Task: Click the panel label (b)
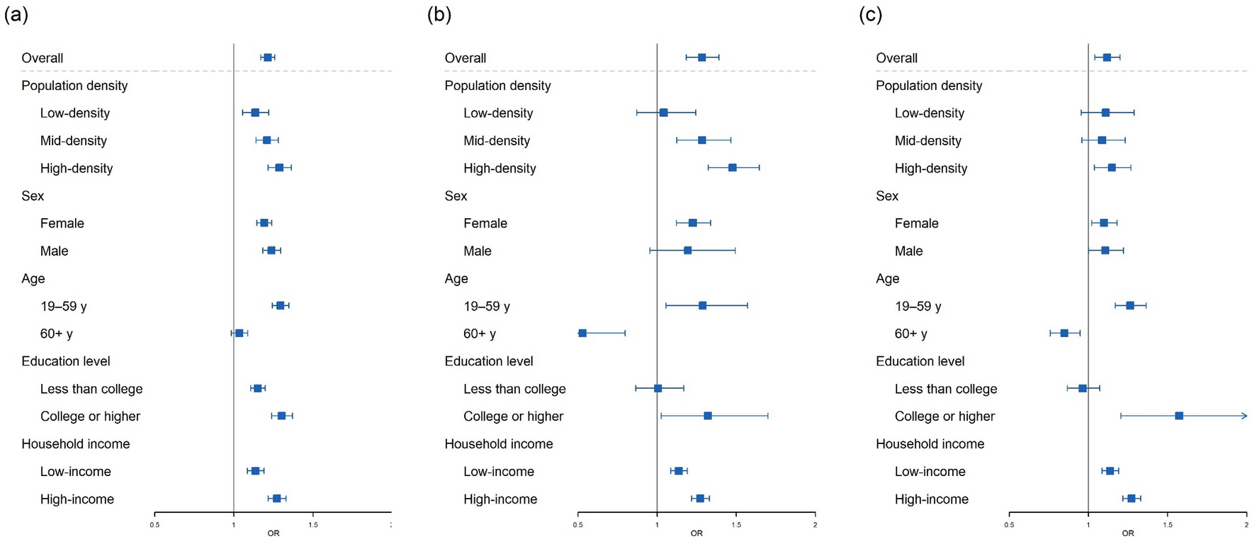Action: point(439,15)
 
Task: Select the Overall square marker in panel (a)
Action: point(268,57)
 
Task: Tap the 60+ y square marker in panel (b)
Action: point(582,333)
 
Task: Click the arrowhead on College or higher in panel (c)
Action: point(1244,416)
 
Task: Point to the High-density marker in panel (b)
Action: point(732,168)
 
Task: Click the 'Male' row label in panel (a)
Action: point(54,251)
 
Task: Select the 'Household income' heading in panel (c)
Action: point(930,444)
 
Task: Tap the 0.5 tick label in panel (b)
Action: point(577,525)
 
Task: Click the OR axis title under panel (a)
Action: point(273,533)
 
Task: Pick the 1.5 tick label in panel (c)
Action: point(1167,525)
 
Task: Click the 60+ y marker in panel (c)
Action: point(1064,333)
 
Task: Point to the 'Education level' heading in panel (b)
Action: point(488,361)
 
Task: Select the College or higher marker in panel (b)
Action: point(707,416)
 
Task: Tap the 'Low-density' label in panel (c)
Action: point(929,113)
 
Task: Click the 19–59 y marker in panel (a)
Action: point(280,305)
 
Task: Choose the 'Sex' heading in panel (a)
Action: point(33,196)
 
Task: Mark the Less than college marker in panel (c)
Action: point(1082,388)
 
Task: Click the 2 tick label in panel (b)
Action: point(815,525)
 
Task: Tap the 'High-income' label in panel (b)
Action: point(500,499)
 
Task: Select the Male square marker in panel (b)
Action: point(687,250)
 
